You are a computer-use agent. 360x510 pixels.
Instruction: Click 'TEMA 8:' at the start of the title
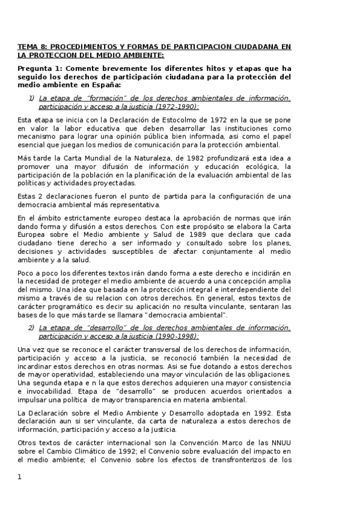coord(30,46)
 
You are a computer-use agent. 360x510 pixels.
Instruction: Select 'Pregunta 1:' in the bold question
coord(39,68)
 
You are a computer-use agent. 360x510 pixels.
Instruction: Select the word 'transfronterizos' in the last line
coord(230,459)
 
